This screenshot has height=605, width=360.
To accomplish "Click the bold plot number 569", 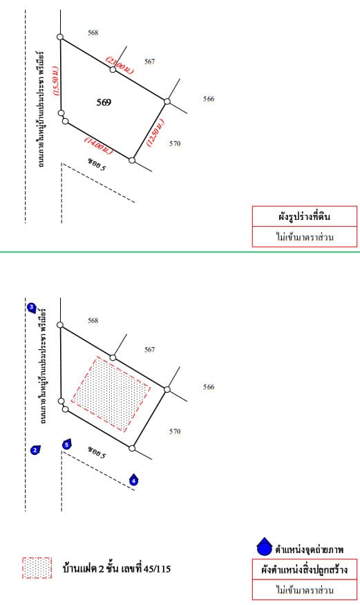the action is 104,102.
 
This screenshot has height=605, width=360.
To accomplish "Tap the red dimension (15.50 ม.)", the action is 56,81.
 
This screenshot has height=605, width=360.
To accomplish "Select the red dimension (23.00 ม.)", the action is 120,66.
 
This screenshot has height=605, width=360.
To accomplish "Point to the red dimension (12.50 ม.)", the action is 155,132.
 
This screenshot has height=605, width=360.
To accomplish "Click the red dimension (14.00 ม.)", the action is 99,146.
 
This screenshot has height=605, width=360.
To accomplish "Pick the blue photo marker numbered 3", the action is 32,308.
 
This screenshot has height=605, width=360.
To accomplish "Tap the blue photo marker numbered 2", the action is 35,450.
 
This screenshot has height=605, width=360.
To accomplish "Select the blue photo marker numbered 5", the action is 67,445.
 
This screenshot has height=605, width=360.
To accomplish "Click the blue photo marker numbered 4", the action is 134,481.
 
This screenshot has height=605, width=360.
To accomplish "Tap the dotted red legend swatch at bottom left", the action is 37,568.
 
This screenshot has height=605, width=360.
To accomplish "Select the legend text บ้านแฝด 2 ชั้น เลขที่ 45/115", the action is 116,568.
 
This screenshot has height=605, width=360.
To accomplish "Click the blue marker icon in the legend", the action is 265,547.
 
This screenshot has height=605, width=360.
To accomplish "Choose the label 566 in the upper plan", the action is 209,99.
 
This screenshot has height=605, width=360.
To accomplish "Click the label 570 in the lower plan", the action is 175,431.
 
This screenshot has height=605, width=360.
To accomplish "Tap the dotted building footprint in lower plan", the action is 111,394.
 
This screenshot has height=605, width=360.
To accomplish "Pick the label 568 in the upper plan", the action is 93,32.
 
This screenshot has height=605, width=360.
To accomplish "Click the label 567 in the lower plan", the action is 149,350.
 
